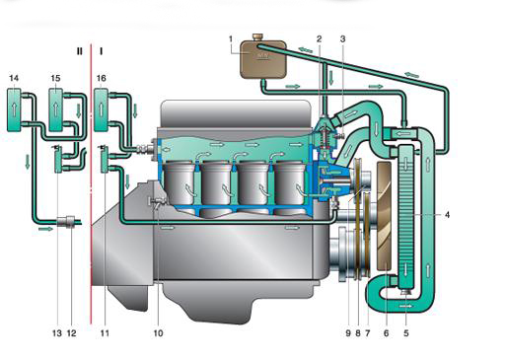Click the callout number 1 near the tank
(231, 39)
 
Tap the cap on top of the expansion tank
(256, 36)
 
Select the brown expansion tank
(262, 59)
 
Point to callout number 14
(14, 78)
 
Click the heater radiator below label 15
(56, 109)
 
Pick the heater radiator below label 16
(101, 109)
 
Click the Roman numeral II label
(79, 51)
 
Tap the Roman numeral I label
(101, 51)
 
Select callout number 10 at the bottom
(158, 333)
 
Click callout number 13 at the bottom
(57, 333)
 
